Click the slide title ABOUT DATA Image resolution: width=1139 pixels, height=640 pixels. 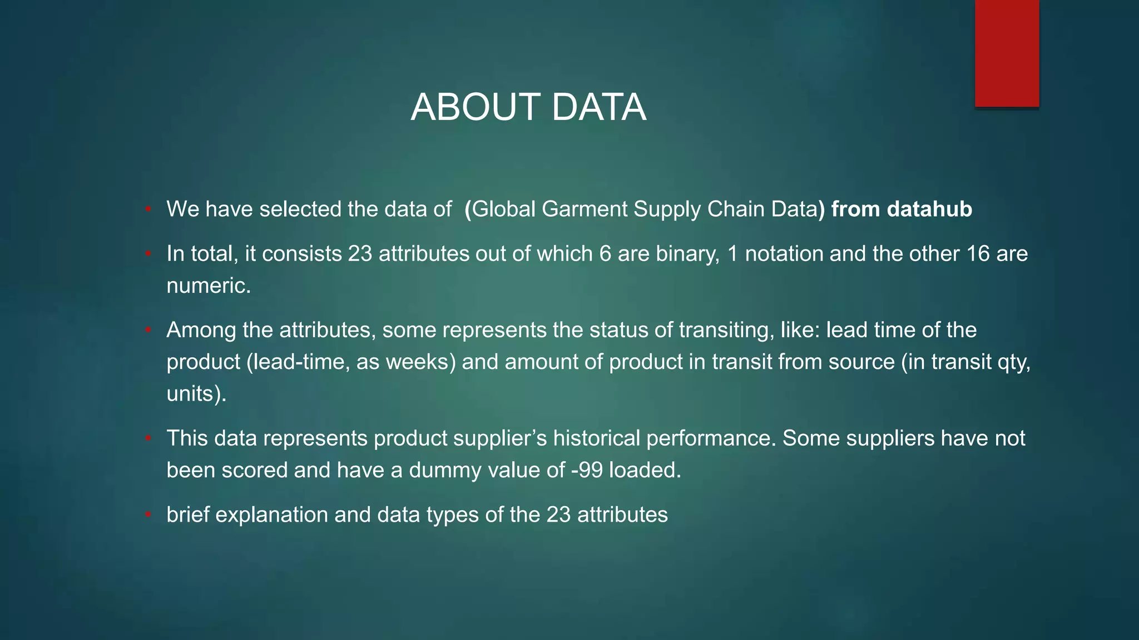[528, 107]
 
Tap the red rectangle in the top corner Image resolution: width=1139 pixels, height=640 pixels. [1007, 53]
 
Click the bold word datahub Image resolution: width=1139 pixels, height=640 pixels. [929, 209]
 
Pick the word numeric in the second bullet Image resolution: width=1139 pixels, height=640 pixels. [209, 286]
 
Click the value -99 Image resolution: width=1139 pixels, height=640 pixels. [587, 470]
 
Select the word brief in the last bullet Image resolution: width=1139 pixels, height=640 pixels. [188, 514]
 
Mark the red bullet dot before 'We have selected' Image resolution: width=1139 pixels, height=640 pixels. [148, 209]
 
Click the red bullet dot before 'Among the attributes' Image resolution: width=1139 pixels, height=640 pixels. [148, 330]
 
